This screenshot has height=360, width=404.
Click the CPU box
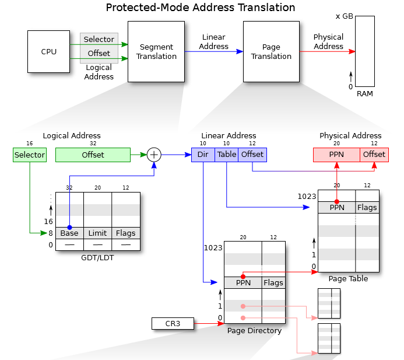click(48, 51)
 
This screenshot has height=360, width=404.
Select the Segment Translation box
click(156, 51)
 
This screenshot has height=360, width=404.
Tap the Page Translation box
click(271, 51)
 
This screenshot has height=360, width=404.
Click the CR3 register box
click(173, 323)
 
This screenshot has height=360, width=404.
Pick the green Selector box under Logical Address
click(29, 155)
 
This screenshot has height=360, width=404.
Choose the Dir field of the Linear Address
click(203, 155)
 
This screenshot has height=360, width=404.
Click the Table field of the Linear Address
click(226, 155)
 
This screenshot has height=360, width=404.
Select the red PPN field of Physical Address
click(336, 155)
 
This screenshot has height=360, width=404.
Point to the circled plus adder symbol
click(154, 155)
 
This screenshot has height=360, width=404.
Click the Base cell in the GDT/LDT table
click(69, 233)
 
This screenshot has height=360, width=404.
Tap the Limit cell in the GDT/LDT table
click(97, 233)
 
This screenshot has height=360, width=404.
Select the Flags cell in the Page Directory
click(273, 283)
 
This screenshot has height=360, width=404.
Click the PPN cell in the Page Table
click(337, 208)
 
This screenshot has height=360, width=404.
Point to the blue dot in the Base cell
click(69, 227)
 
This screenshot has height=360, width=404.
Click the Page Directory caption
click(254, 331)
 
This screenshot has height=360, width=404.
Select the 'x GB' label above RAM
click(344, 16)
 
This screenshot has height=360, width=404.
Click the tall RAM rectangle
click(365, 51)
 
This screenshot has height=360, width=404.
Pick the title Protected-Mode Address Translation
click(201, 8)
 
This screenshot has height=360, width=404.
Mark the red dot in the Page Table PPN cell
click(336, 201)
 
